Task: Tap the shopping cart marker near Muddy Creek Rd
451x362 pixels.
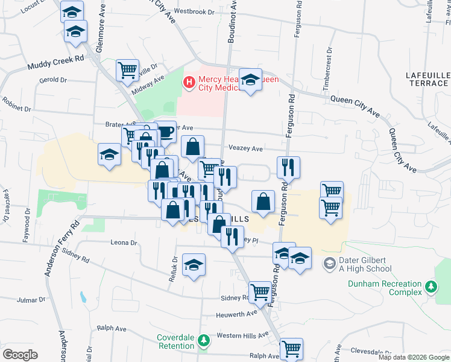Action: [127, 69]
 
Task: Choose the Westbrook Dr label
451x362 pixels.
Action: [194, 11]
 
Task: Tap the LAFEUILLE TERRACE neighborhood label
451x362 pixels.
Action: [428, 78]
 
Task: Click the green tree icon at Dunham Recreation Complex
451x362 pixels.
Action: [430, 288]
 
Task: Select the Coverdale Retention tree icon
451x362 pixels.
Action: [204, 341]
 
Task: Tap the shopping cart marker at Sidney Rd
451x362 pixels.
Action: [260, 292]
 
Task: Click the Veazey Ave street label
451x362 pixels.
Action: [245, 148]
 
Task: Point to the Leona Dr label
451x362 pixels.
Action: [124, 243]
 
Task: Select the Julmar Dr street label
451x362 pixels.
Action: [31, 299]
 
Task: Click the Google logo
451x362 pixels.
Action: [20, 355]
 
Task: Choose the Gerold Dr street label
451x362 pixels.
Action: [52, 80]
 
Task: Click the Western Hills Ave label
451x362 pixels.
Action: [242, 335]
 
